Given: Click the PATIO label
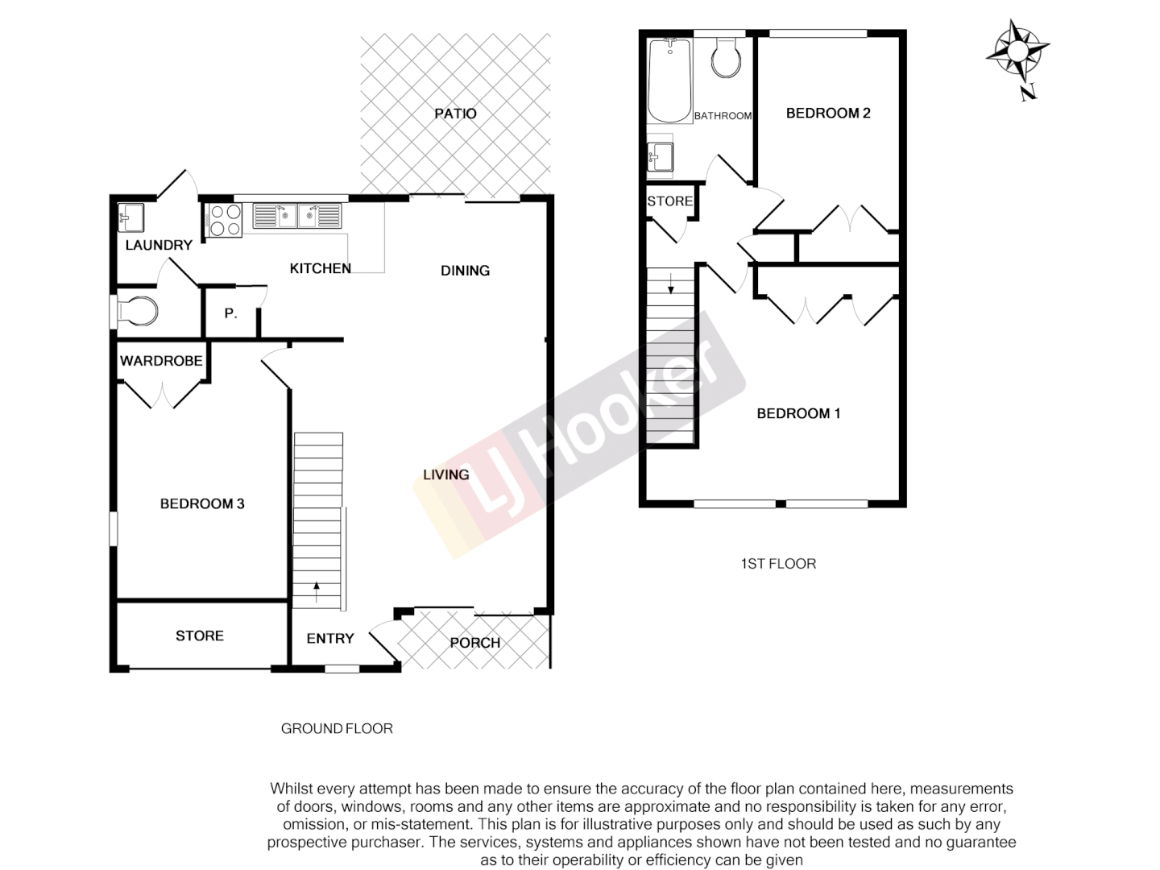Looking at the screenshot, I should coord(455,114).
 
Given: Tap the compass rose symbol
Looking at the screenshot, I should coord(1017,52).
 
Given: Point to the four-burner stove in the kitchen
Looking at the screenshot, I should coord(226,220).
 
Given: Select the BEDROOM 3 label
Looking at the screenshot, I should coord(202,504).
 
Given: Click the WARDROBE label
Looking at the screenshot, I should coord(161,361).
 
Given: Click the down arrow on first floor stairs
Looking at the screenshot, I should coord(670,284).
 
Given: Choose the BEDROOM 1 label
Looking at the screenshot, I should coord(798,414).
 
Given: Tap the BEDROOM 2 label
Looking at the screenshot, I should coord(828,114).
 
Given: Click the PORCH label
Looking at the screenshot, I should coord(475,643).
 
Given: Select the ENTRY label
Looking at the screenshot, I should coord(330,639).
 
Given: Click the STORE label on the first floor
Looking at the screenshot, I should coord(669,201).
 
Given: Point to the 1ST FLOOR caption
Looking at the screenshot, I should coord(778,564).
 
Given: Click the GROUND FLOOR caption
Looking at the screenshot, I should coord(337,729).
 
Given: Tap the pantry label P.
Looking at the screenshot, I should coord(230,314).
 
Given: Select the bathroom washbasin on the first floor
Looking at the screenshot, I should coord(661,156).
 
